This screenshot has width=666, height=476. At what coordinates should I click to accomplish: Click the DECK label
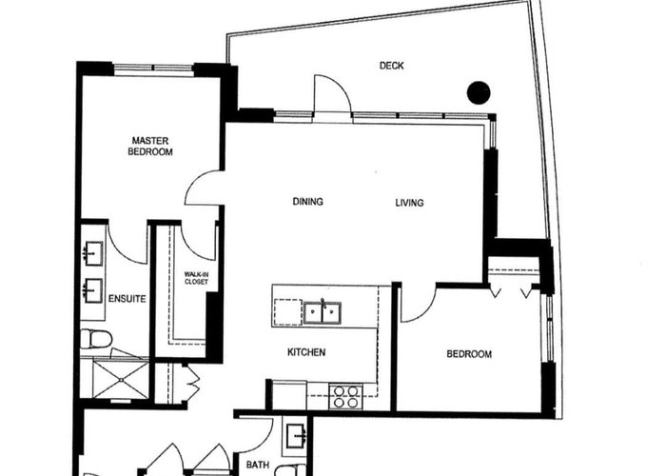[x=391, y=66]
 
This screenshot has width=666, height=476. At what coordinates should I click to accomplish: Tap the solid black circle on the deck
[x=479, y=92]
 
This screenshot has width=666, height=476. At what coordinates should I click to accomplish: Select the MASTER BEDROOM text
[x=150, y=146]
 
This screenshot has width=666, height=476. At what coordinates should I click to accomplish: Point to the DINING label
[x=308, y=202]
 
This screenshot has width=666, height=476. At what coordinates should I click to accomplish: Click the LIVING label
[x=409, y=203]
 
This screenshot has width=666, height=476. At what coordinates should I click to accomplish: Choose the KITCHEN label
[x=306, y=352]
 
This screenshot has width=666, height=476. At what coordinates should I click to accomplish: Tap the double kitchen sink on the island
[x=323, y=312]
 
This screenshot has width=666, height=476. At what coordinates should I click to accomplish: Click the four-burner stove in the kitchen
[x=345, y=396]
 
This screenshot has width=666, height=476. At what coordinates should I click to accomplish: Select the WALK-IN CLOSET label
[x=196, y=278]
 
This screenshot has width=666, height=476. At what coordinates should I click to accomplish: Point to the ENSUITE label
[x=127, y=299]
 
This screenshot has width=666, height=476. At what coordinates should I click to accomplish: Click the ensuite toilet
[x=96, y=339]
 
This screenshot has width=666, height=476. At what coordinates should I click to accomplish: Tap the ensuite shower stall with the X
[x=121, y=380]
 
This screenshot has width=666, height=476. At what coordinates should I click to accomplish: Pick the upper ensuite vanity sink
[x=94, y=254]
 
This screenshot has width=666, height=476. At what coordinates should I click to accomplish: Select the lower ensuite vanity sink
[x=93, y=290]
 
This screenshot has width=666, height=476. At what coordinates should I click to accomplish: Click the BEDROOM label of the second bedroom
[x=469, y=354]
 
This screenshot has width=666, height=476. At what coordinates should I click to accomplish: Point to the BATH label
[x=258, y=465]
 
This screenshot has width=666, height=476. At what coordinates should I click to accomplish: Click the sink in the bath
[x=297, y=436]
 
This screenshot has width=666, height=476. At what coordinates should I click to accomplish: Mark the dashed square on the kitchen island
[x=288, y=312]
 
